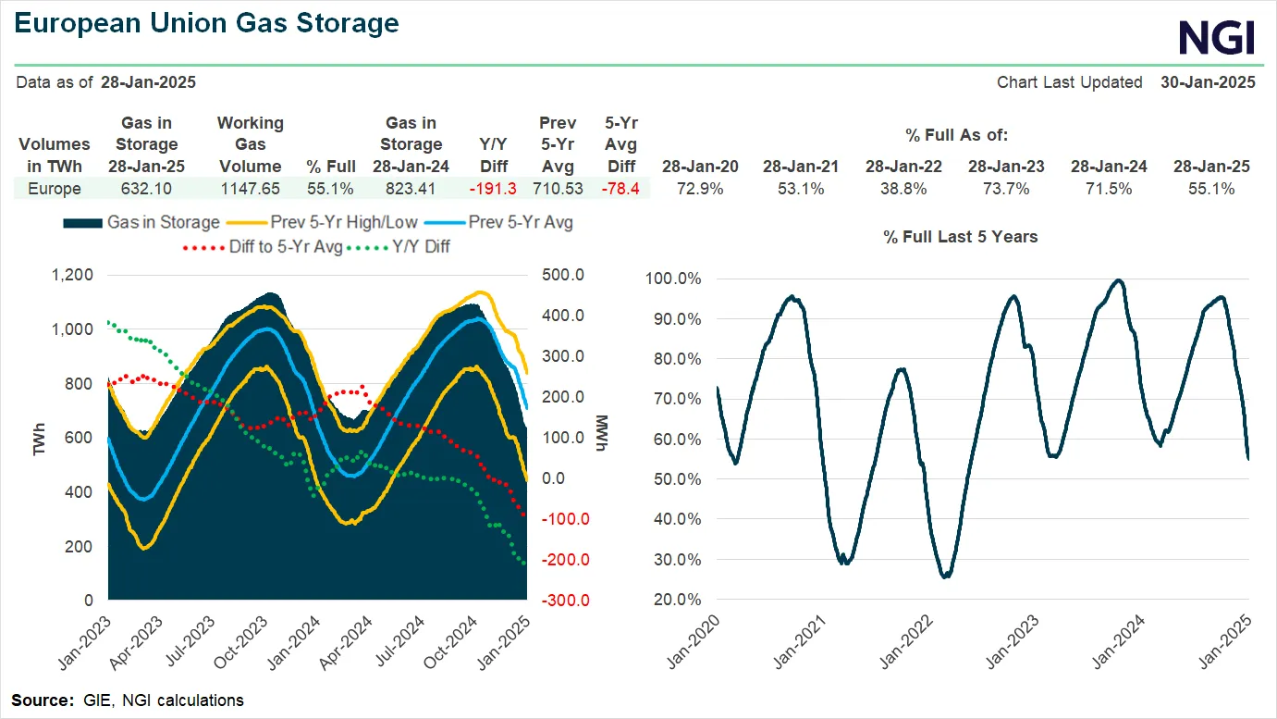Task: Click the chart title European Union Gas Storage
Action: pyautogui.click(x=208, y=23)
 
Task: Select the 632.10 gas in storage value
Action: pyautogui.click(x=146, y=189)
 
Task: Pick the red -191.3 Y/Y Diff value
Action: pyautogui.click(x=492, y=189)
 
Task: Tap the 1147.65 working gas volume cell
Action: pyautogui.click(x=250, y=189)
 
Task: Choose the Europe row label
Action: pyautogui.click(x=55, y=189)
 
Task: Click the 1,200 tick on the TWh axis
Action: pyautogui.click(x=72, y=275)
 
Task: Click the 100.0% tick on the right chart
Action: pyautogui.click(x=673, y=279)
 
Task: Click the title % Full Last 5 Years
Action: pyautogui.click(x=960, y=237)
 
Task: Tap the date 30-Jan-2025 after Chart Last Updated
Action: pyautogui.click(x=1208, y=82)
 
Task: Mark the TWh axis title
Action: pyautogui.click(x=40, y=438)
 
